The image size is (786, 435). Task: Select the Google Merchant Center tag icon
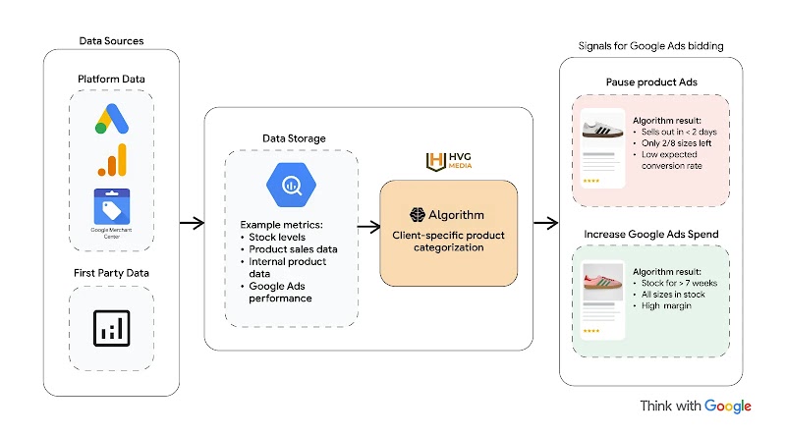(111, 207)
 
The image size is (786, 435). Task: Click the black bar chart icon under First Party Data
(111, 328)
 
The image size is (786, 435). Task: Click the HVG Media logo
(448, 162)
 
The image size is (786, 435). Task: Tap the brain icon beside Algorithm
(417, 215)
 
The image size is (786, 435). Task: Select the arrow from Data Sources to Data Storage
(192, 224)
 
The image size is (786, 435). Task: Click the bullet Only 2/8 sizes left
(677, 143)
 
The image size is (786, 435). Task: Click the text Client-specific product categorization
(448, 243)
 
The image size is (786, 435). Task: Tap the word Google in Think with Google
(727, 406)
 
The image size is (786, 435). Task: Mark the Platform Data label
(111, 78)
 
